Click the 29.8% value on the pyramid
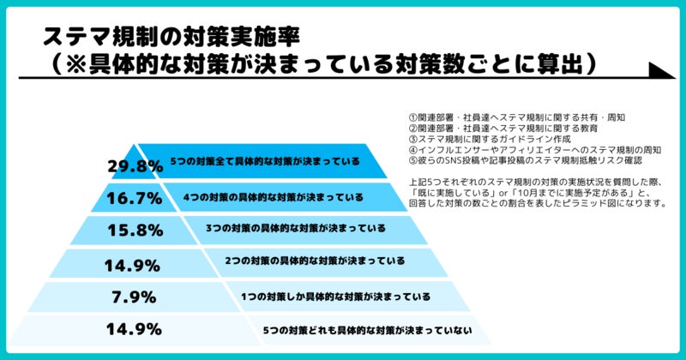[135, 166]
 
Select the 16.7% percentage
[134, 199]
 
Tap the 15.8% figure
[134, 231]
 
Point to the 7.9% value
[134, 297]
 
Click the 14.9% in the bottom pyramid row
[134, 329]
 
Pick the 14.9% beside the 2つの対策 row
[134, 264]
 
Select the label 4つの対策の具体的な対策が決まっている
[274, 196]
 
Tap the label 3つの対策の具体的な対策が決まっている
[295, 229]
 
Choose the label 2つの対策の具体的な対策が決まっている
[315, 260]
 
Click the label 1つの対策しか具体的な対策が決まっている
[337, 297]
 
